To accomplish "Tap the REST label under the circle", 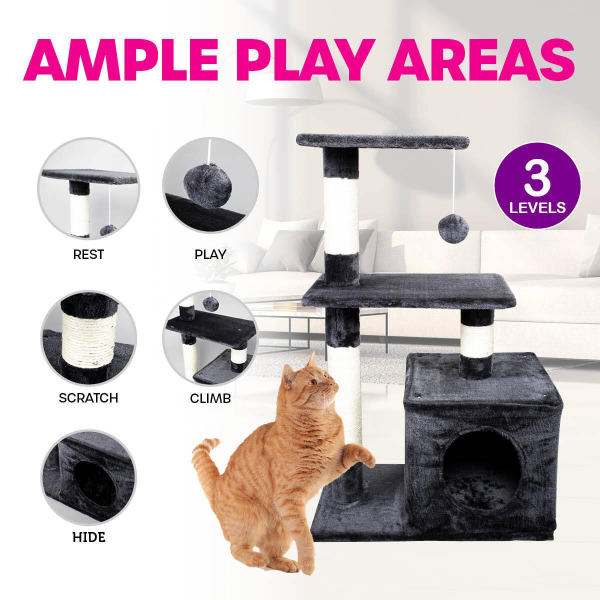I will [x=88, y=254].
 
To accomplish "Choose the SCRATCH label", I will [x=88, y=398].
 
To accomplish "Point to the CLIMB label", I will [x=210, y=398].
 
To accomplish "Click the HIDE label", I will [x=88, y=538].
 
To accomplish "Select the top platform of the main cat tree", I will [x=383, y=142].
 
